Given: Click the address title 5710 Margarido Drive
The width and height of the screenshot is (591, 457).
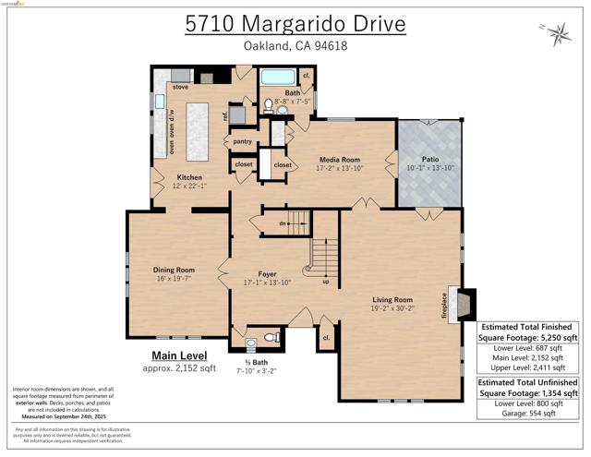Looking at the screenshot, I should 295,22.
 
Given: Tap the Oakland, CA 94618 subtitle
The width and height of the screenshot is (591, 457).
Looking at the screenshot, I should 295,46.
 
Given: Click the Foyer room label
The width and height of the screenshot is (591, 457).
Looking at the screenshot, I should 267,275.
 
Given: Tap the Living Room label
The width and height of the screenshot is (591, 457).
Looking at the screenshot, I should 392,300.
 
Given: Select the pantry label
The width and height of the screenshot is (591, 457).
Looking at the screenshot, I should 243,141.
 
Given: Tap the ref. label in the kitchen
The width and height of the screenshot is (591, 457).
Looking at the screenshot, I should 225,116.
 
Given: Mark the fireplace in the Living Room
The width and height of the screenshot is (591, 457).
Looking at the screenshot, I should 468,304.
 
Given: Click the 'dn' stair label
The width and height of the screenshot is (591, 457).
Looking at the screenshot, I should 284,222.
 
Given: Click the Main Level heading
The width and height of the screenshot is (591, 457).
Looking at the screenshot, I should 179,355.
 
